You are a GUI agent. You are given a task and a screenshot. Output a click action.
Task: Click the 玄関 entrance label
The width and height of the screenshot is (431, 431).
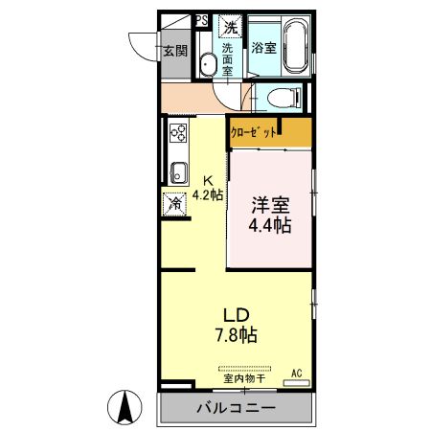point(172,52)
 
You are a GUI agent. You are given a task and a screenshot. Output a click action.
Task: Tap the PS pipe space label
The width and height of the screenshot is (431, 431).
point(202,19)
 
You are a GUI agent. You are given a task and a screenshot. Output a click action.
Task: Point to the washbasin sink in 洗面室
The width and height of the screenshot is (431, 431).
point(208,64)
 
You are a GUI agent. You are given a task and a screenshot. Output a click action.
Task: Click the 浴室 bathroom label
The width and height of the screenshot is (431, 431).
point(264,47)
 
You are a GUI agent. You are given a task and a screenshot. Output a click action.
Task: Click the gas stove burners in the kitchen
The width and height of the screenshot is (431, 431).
point(177,133)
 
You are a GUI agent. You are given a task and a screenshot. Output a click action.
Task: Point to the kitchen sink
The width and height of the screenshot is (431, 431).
point(177,172)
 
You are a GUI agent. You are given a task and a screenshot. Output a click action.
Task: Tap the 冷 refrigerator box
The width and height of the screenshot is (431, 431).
point(175,202)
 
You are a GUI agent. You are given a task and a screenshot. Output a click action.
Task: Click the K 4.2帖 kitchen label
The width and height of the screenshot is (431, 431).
point(207,186)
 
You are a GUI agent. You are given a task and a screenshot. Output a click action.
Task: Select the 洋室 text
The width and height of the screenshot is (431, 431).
point(270,205)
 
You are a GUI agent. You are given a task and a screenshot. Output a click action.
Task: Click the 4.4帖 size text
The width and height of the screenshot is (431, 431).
point(269,226)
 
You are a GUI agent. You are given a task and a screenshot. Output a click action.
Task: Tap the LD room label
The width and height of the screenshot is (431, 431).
point(236,315)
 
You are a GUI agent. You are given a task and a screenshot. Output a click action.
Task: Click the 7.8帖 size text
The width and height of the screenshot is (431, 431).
point(235,335)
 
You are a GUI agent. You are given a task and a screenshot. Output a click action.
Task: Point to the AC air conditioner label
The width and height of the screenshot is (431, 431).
point(296,373)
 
